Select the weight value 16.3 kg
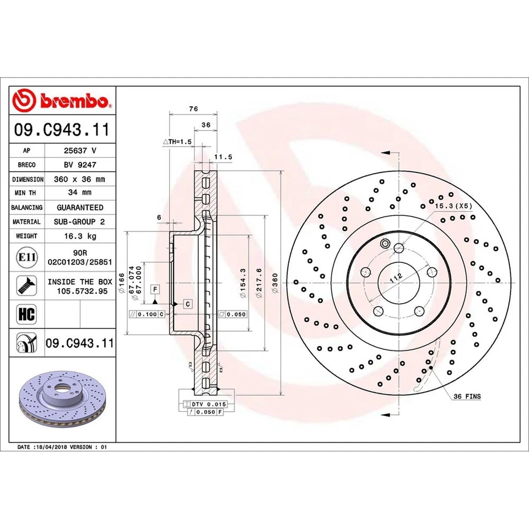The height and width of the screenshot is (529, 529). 80,236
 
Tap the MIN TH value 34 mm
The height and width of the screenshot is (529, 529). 80,193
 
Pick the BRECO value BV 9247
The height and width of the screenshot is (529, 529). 80,164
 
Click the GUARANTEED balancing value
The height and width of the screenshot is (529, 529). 80,207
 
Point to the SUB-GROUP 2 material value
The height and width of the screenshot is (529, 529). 80,222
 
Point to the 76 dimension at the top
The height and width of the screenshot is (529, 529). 193,109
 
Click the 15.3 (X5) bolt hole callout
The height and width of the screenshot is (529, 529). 454,206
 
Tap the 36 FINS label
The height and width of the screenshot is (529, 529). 467,396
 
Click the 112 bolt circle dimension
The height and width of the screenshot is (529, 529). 395,278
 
